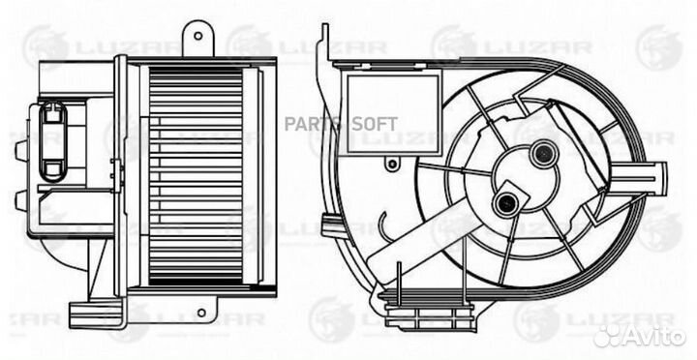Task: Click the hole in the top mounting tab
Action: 198,36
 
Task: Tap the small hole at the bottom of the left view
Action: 201,313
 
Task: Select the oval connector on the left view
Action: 53,141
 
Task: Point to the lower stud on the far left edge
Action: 21,198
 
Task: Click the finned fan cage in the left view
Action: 196,176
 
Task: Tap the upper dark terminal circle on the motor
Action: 543,154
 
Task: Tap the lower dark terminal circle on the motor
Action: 506,203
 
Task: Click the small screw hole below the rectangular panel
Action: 392,165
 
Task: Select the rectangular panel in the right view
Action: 394,114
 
